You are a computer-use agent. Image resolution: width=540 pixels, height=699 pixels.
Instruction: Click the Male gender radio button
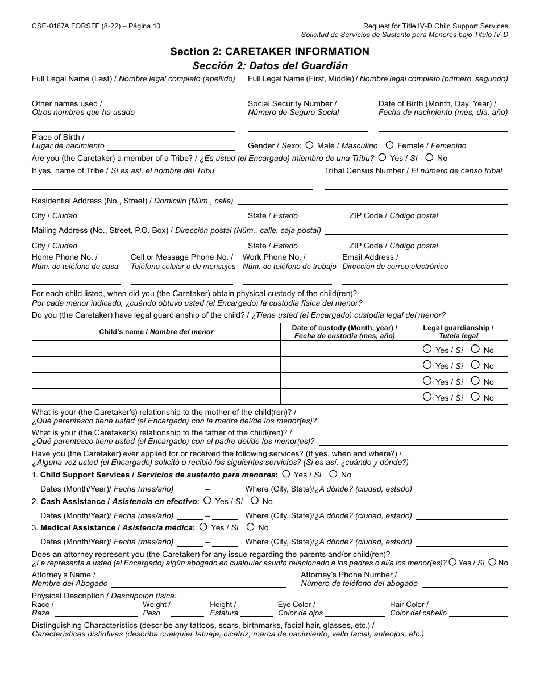point(309,145)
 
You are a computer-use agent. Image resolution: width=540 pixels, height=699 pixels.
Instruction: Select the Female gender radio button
point(389,145)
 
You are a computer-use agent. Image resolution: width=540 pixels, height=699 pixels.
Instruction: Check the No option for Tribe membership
point(429,157)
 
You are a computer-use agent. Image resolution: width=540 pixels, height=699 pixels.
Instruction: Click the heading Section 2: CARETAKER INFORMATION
point(269,52)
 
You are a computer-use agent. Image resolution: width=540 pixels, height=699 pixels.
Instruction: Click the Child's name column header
point(156,332)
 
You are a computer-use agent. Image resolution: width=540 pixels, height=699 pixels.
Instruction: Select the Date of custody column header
point(344,332)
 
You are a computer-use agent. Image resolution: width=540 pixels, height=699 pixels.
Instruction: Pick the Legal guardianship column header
point(458,332)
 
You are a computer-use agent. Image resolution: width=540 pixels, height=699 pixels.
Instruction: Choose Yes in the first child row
point(427,349)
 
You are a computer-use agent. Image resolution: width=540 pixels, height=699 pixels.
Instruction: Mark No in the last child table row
point(475,397)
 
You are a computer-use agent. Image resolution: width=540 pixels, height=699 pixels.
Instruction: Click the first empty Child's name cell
point(156,349)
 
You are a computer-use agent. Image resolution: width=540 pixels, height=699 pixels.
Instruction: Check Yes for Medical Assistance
point(203,527)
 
